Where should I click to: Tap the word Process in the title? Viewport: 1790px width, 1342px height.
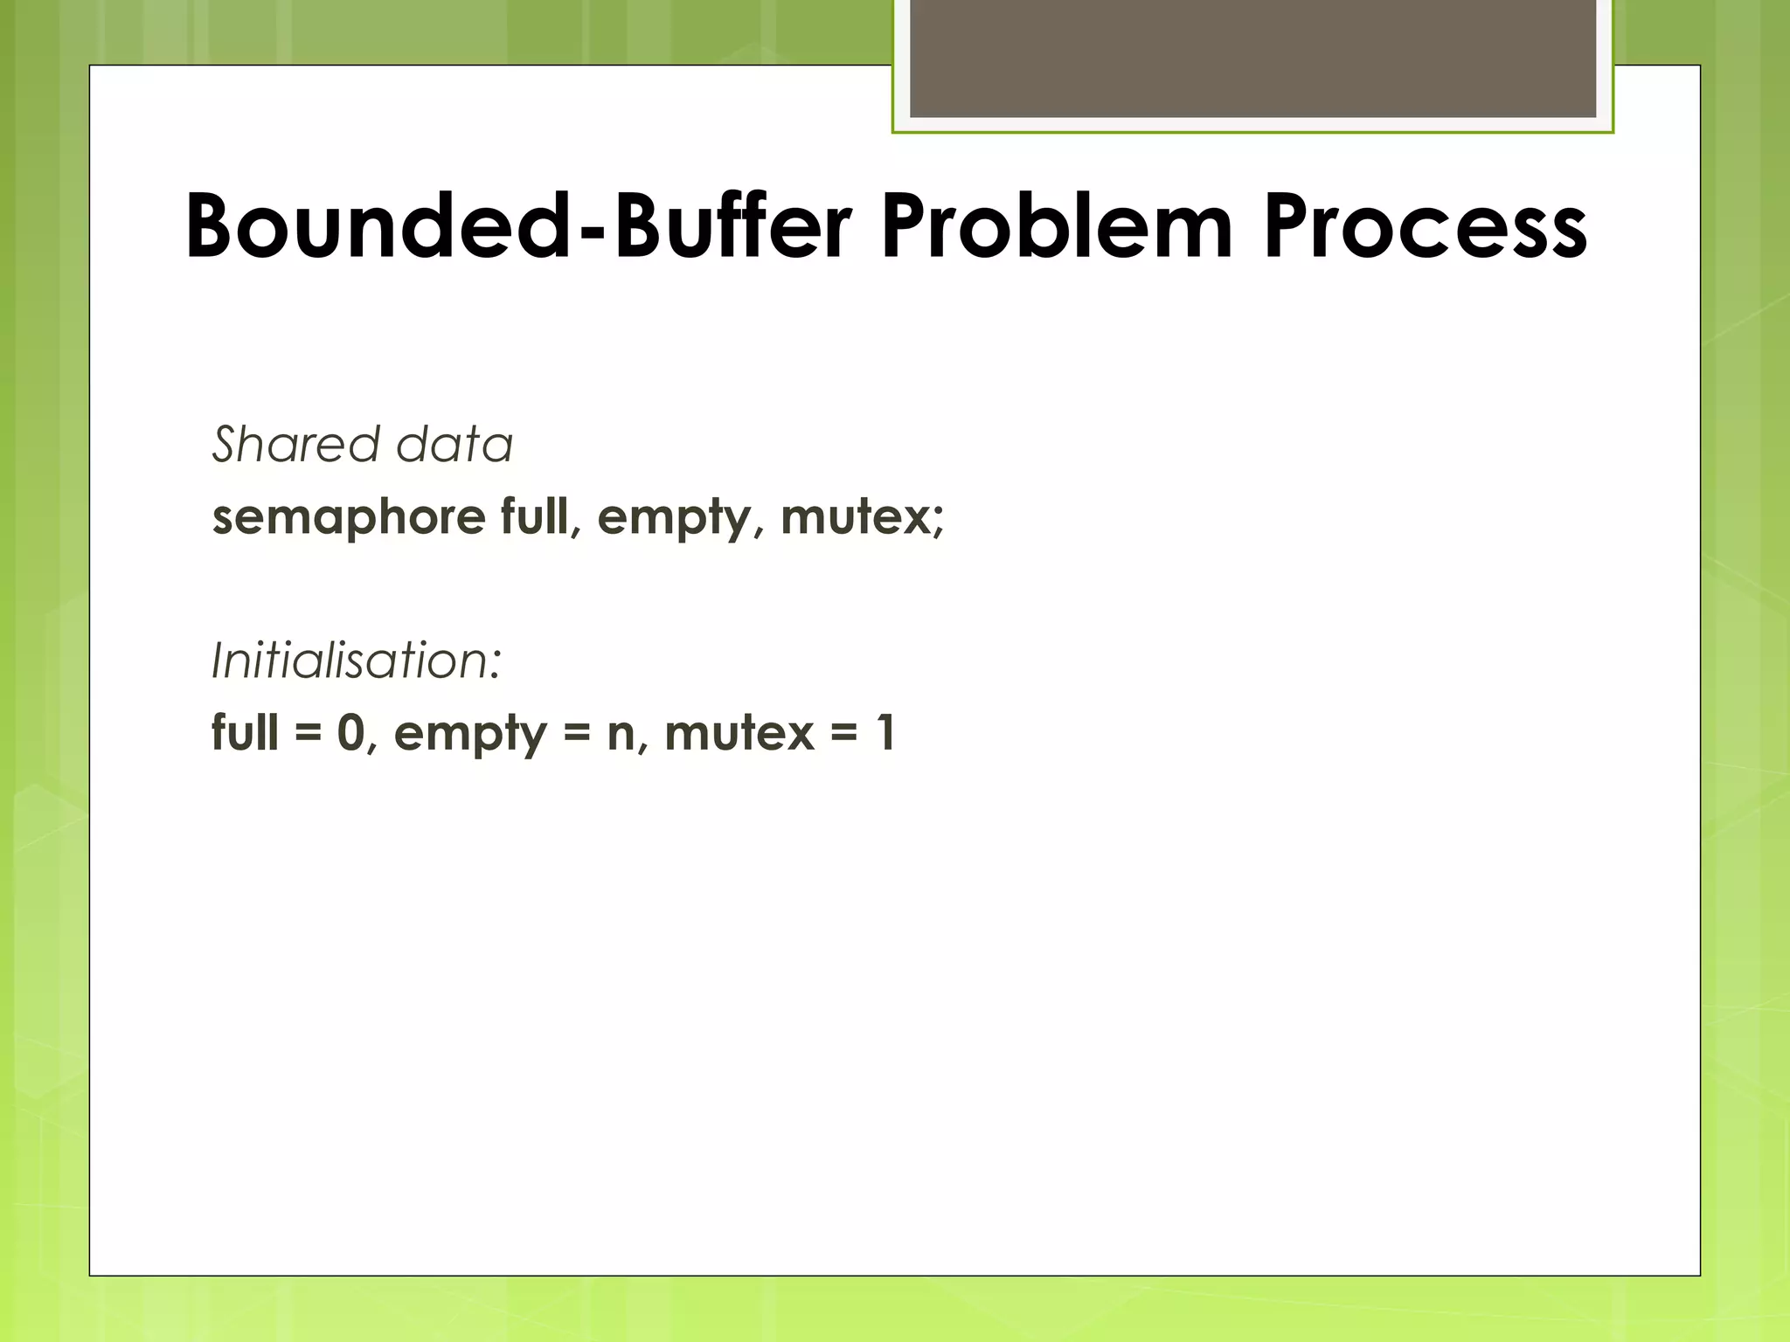pos(1425,227)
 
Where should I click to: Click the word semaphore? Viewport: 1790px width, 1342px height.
pos(348,517)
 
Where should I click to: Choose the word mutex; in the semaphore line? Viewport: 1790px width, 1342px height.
pos(862,517)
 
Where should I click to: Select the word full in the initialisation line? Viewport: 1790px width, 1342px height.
pos(246,731)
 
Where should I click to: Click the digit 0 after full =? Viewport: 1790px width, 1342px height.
pos(350,732)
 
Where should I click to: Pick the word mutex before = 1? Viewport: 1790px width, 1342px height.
pos(739,732)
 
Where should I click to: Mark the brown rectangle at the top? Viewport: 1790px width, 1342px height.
pos(1252,58)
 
